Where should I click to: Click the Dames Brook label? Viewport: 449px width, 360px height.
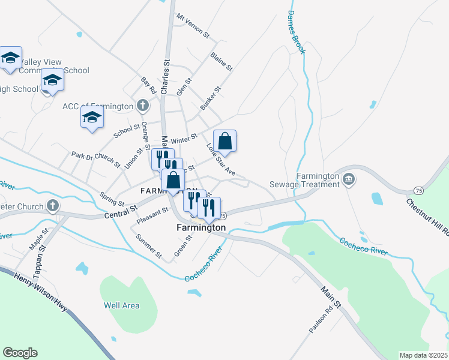click(297, 32)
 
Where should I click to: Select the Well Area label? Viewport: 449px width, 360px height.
click(122, 305)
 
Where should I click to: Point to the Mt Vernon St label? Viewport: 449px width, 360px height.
click(192, 26)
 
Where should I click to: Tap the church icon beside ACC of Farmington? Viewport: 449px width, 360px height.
click(142, 106)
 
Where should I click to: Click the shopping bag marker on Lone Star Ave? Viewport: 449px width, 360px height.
click(224, 142)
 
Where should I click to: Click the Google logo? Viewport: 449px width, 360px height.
click(20, 353)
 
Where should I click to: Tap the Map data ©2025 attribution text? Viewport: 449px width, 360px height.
click(423, 355)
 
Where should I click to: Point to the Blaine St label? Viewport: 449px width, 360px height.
click(221, 62)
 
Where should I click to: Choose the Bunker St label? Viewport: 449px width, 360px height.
click(211, 98)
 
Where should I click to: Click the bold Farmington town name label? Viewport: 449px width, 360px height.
click(201, 227)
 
